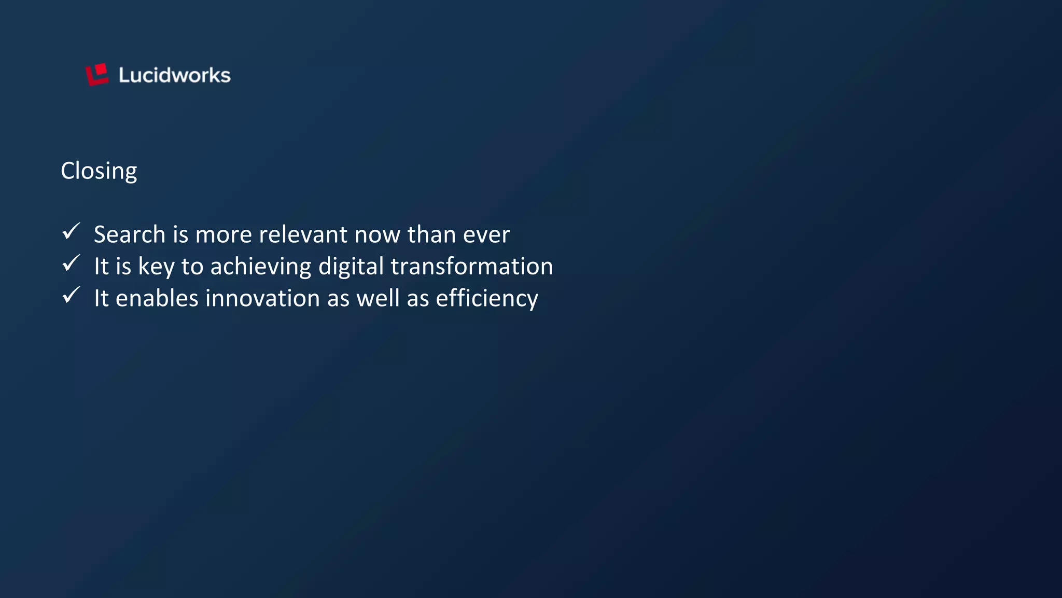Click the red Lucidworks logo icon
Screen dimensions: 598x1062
coord(97,75)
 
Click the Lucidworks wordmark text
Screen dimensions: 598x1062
coord(174,76)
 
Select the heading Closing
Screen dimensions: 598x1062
coord(99,171)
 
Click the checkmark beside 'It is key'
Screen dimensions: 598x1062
coord(71,263)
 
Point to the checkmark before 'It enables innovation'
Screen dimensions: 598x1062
coord(71,295)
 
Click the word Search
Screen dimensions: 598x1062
coord(130,234)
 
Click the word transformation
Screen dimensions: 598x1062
coord(471,267)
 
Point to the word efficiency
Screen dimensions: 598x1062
coord(487,299)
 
